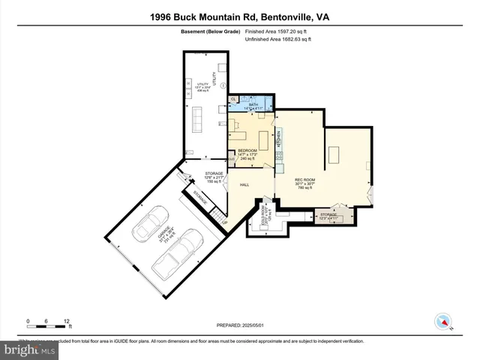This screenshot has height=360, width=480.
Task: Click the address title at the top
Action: click(239, 16)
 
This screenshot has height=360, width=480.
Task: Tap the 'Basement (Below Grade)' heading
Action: click(210, 32)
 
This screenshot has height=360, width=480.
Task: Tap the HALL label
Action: click(244, 184)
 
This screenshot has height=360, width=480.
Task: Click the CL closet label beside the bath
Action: click(234, 99)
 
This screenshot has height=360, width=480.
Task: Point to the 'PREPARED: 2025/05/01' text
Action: click(240, 324)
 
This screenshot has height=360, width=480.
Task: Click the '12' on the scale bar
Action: click(67, 321)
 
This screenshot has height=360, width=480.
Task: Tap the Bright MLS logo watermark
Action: click(30, 350)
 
